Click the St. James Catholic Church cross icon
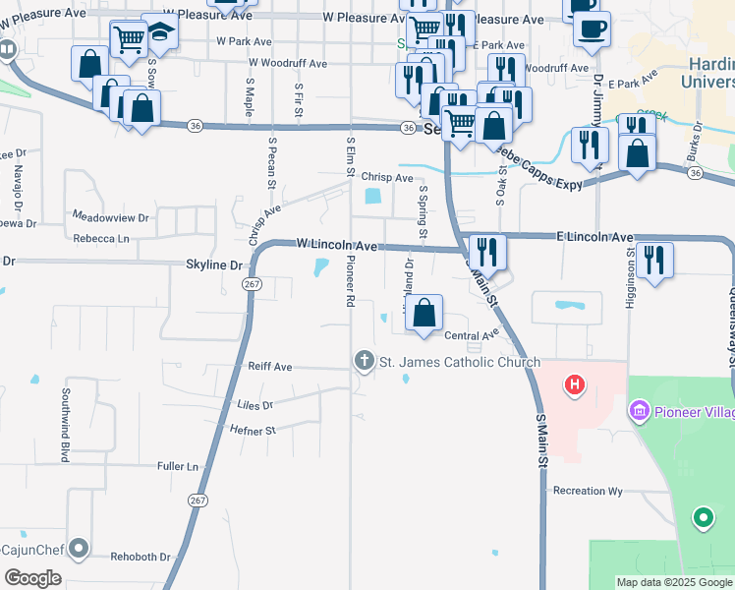point(364,362)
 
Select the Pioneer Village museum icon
point(640,409)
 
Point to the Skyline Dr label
point(214,265)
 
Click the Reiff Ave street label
point(269,367)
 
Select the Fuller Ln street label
point(178,466)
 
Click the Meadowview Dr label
point(110,215)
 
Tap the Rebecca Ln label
point(101,239)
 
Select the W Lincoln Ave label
point(337,245)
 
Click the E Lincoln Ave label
point(594,237)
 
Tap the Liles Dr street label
point(254,404)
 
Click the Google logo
point(32,578)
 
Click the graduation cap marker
point(160,31)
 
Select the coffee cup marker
point(591,29)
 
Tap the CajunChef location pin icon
point(80,548)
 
